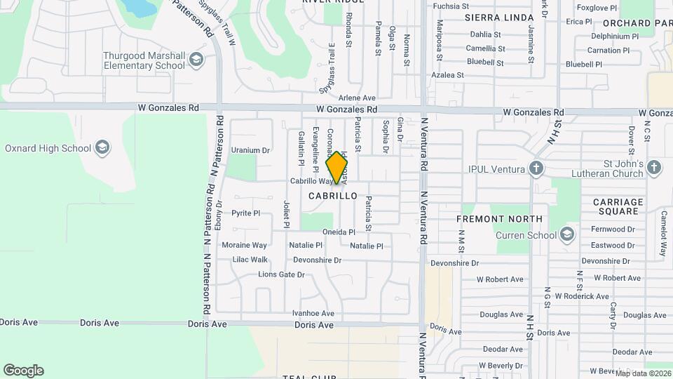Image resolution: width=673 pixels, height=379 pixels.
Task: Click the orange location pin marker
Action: point(337,168)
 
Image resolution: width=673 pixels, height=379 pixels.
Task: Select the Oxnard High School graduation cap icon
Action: point(102,147)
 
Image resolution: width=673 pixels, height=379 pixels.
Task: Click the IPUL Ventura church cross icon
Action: point(536,168)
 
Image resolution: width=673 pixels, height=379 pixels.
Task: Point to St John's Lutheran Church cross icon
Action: point(653,167)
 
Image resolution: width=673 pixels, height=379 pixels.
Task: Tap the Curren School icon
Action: point(566,234)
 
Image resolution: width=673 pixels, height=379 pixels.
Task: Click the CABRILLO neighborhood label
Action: point(333,196)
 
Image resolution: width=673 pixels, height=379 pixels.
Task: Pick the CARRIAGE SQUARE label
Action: point(618,207)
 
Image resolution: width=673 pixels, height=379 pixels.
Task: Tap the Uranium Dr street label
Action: point(250,150)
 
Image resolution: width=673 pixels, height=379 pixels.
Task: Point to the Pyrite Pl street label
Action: point(246,213)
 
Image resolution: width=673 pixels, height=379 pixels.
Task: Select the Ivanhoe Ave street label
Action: point(313,313)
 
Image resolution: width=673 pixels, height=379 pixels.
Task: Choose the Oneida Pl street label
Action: point(339,232)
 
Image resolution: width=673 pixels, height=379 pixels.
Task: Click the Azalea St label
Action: point(447,74)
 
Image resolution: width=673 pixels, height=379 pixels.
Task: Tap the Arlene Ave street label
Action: point(357,98)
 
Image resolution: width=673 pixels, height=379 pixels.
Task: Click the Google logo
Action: point(23,371)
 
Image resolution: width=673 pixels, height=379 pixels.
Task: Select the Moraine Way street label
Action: point(244,246)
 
